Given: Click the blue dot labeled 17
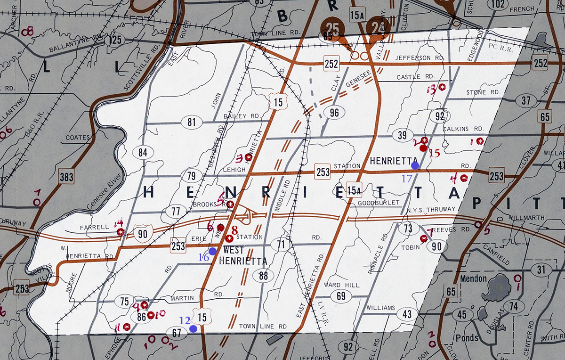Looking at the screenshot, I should (x=415, y=165).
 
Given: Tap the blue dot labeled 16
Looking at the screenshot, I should (x=213, y=251).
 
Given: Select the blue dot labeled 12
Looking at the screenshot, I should (x=193, y=329).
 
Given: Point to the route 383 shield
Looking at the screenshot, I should (x=66, y=177).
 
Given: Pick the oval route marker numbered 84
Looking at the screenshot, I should (x=143, y=152).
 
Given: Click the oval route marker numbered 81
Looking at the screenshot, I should (x=191, y=123).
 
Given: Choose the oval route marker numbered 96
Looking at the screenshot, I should (x=334, y=113).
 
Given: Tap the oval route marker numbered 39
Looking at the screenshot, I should (x=402, y=136).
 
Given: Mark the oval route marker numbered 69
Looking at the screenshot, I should (x=341, y=296).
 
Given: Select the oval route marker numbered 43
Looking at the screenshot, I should (x=407, y=314).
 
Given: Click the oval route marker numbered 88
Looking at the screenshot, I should (x=263, y=276).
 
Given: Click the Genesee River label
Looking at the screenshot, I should (x=104, y=190).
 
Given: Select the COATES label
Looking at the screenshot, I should (x=78, y=138).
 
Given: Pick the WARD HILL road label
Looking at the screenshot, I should (x=342, y=285).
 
